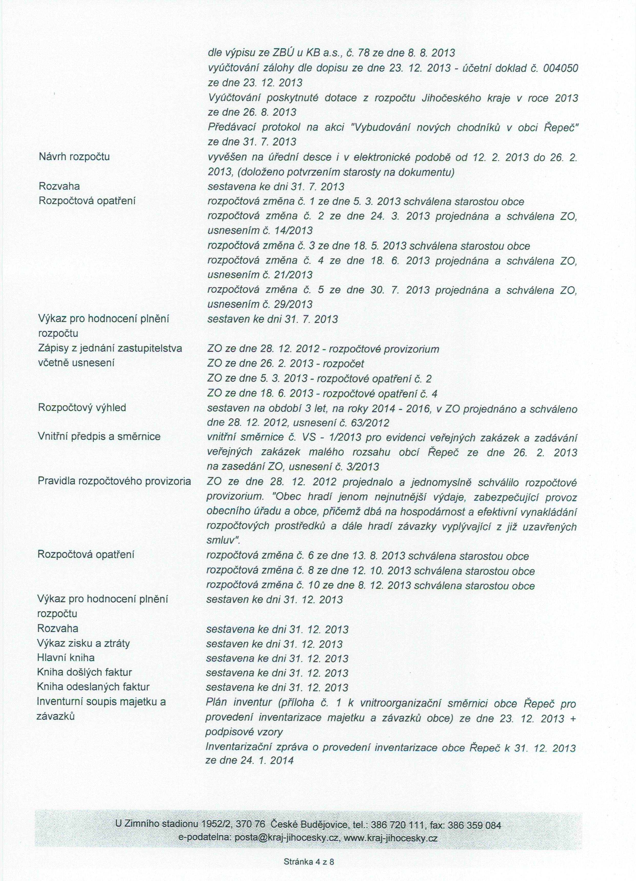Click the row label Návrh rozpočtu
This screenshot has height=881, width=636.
pos(74,157)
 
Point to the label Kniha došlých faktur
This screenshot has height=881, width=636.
pos(84,672)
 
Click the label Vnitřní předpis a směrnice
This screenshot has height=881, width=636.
pos(99,437)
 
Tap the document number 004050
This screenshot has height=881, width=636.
pos(561,68)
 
